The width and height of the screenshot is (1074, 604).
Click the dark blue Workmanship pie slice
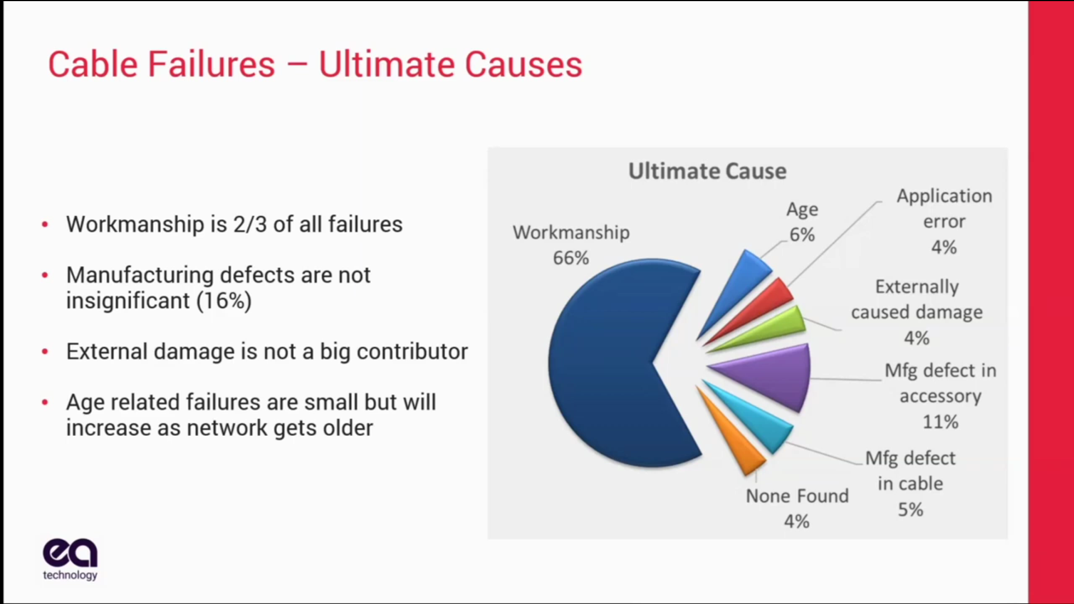[610, 364]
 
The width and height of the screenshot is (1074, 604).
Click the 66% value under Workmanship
[571, 258]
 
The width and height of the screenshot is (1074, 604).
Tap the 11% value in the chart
[940, 422]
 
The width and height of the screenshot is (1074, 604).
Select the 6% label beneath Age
[802, 235]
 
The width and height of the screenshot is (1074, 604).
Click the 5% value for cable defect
[910, 509]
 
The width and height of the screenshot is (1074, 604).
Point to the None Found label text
[797, 496]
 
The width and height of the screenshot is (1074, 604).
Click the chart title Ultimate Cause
[707, 171]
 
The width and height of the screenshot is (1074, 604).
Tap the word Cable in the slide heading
[93, 64]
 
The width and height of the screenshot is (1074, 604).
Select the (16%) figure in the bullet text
[224, 301]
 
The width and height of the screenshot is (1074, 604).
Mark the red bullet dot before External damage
[45, 352]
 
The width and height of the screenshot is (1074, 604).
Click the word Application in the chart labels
[944, 196]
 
